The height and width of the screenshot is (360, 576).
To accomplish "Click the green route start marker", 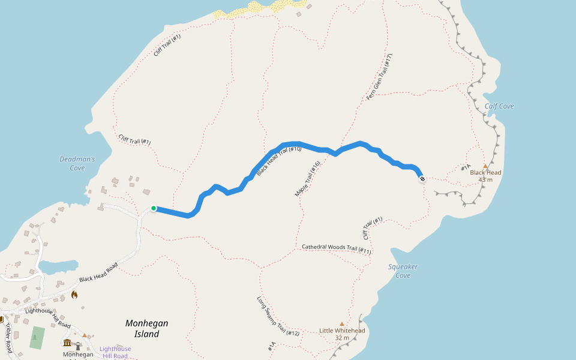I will pyautogui.click(x=154, y=208).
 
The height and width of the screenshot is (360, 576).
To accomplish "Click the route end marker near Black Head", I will pyautogui.click(x=422, y=179).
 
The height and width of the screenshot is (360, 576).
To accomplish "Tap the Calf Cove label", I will pyautogui.click(x=499, y=106).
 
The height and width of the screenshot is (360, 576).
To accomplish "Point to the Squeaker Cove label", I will pyautogui.click(x=403, y=271).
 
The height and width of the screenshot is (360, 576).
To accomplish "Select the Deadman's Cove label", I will pyautogui.click(x=77, y=163).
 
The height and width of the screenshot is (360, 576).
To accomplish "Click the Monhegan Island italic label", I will pyautogui.click(x=146, y=328).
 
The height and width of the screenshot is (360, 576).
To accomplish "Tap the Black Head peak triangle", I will pyautogui.click(x=485, y=166).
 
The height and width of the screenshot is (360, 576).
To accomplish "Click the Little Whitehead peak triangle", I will pyautogui.click(x=342, y=323).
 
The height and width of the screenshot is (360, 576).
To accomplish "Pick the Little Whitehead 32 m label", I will pyautogui.click(x=342, y=334).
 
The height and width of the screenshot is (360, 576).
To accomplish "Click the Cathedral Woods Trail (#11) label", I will pyautogui.click(x=336, y=248).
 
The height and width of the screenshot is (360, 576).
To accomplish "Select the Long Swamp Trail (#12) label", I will pyautogui.click(x=278, y=316).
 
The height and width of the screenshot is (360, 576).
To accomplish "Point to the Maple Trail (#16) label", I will pyautogui.click(x=308, y=178).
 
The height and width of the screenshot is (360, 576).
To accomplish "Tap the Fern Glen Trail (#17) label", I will pyautogui.click(x=379, y=77).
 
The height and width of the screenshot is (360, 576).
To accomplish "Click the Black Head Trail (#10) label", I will pyautogui.click(x=278, y=160).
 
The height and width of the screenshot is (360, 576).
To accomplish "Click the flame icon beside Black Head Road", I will pyautogui.click(x=74, y=295).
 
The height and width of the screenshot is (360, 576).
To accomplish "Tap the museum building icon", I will pyautogui.click(x=67, y=343).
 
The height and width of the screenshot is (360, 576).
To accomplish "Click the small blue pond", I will pyautogui.click(x=58, y=265).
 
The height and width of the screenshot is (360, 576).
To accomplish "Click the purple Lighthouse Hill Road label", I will pyautogui.click(x=115, y=352).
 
